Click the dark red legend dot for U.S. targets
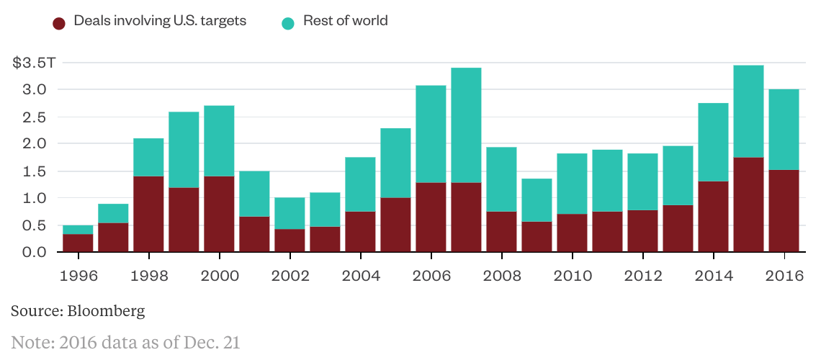60,23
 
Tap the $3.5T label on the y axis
34,63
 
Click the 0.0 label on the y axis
36,252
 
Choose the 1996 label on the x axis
78,276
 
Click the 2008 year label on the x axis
501,276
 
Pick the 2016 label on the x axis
784,276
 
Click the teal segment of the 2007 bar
466,125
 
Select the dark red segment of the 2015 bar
748,204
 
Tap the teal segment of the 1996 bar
78,230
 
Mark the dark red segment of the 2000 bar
219,214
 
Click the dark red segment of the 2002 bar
290,240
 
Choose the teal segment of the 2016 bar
784,130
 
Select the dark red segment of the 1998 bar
148,214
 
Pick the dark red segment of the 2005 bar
395,225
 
